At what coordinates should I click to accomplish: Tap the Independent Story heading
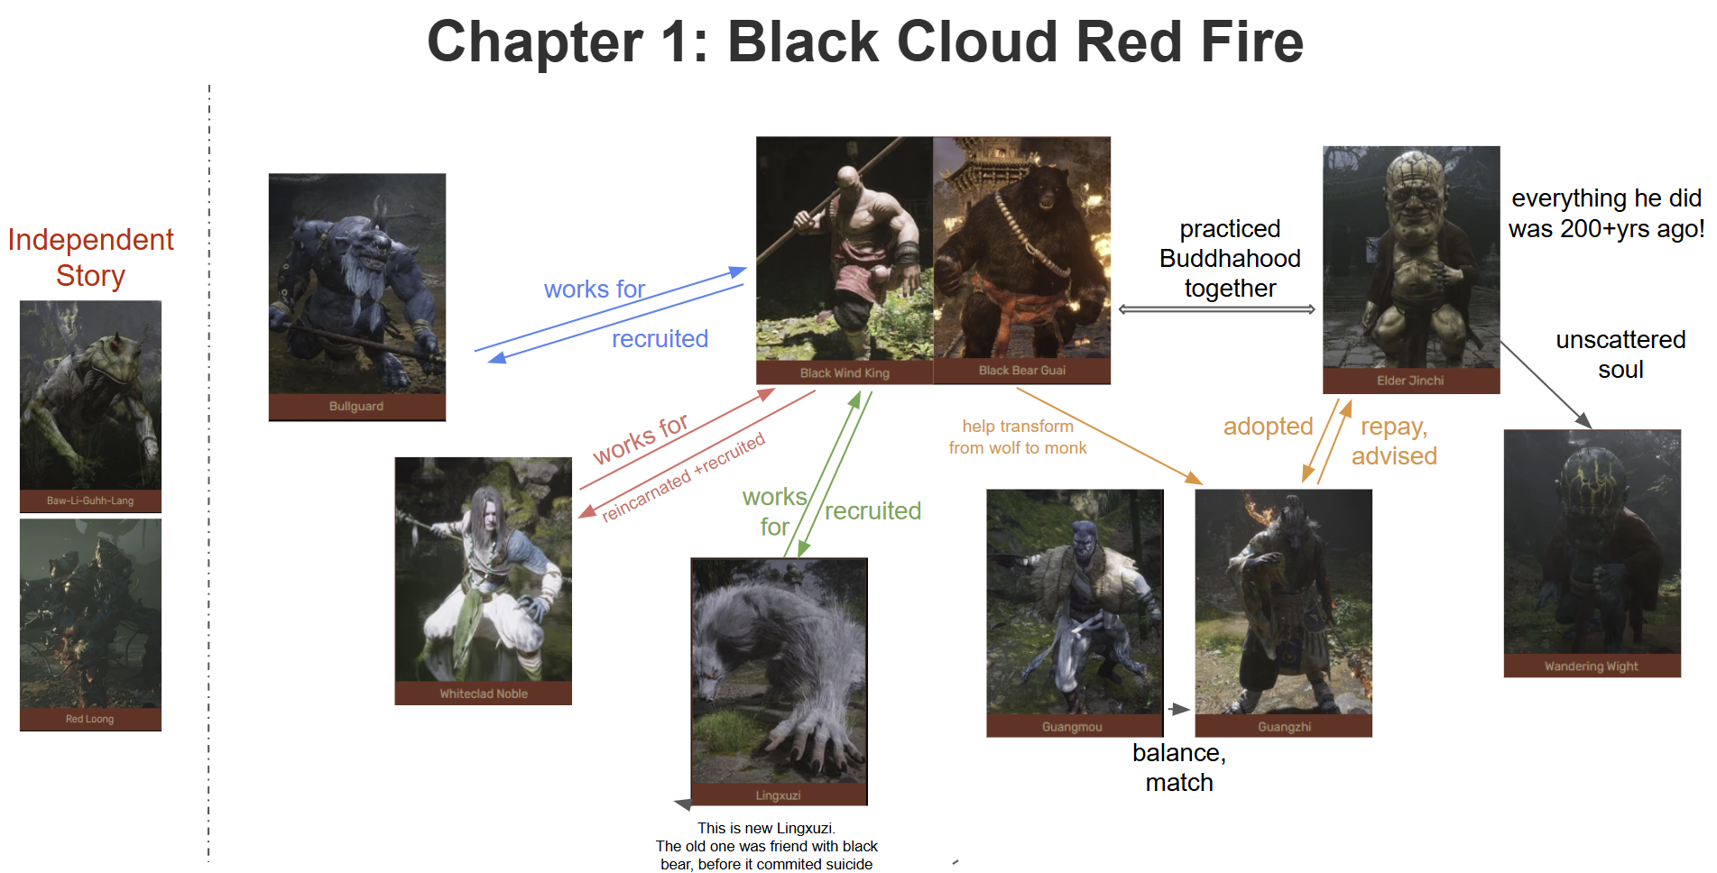click(90, 257)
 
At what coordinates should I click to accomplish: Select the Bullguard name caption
click(356, 407)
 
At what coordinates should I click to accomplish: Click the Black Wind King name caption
click(845, 373)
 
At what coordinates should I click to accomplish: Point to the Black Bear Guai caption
click(1022, 371)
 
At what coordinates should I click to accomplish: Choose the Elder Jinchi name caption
click(1410, 381)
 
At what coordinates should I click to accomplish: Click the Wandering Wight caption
click(1592, 666)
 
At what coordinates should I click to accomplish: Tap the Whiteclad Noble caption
click(484, 694)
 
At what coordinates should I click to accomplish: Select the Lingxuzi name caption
click(779, 795)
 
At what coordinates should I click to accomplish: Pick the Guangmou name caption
click(1072, 727)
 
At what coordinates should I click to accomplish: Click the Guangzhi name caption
click(1285, 727)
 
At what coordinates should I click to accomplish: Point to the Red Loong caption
click(89, 719)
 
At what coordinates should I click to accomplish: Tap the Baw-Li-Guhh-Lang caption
click(90, 501)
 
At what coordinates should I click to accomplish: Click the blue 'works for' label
click(595, 289)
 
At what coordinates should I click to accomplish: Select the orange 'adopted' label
click(1268, 427)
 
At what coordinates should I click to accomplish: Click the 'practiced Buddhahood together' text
click(1230, 259)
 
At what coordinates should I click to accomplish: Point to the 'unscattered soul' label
click(1620, 354)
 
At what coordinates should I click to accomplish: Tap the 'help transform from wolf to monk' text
click(1018, 437)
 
